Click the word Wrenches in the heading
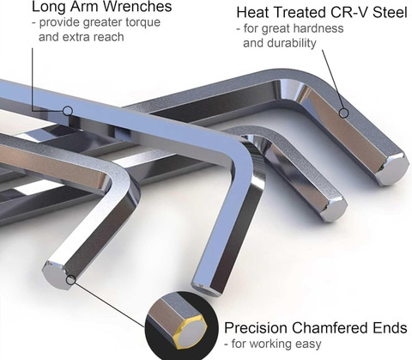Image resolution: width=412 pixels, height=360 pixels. (x=136, y=7)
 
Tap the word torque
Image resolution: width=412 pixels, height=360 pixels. (x=143, y=22)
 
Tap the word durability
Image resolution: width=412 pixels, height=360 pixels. (x=292, y=43)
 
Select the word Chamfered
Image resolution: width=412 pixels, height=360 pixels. (x=330, y=328)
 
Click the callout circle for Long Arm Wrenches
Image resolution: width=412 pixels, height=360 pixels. (x=68, y=111)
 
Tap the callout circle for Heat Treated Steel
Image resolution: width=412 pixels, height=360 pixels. (x=343, y=113)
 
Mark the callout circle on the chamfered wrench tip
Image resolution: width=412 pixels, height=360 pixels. (x=71, y=280)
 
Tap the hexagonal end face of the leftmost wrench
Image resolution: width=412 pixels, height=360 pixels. (x=54, y=276)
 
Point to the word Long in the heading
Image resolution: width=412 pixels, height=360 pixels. (x=46, y=7)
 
